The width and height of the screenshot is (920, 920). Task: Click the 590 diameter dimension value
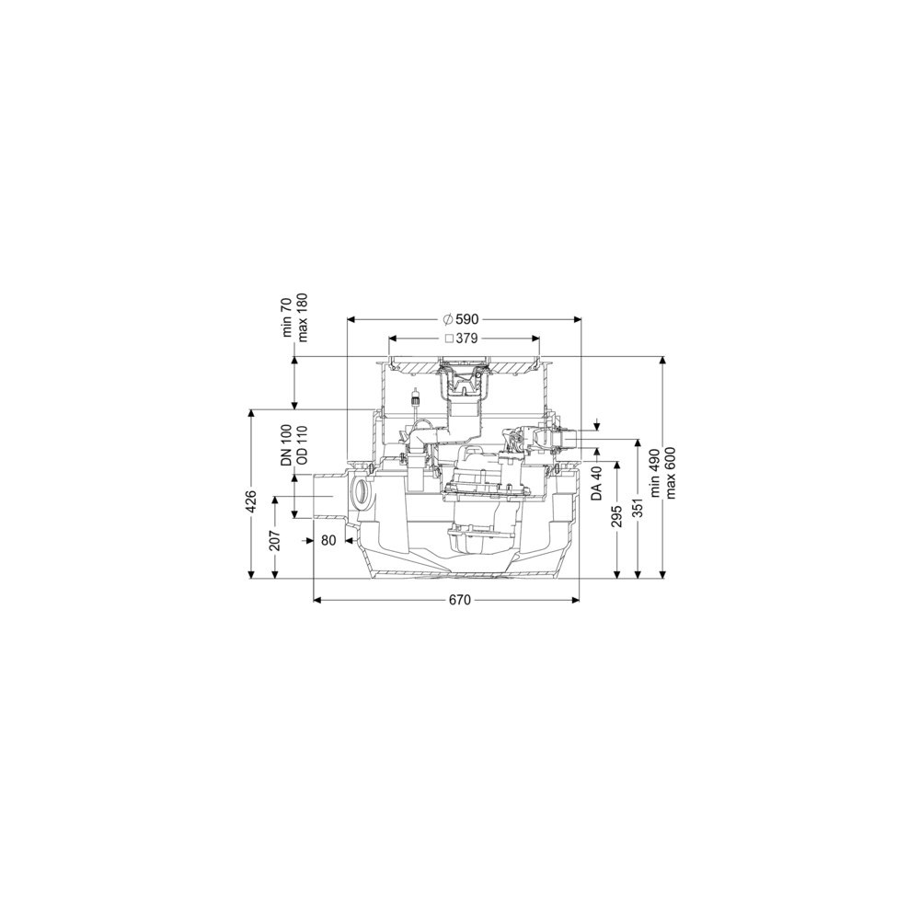pyautogui.click(x=467, y=319)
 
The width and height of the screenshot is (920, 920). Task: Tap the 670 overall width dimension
pyautogui.click(x=460, y=600)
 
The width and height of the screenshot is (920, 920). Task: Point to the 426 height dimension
pyautogui.click(x=250, y=501)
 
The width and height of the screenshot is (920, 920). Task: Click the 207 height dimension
pyautogui.click(x=274, y=540)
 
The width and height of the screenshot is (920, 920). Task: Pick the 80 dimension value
pyautogui.click(x=328, y=540)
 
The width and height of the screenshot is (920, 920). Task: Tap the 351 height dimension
pyautogui.click(x=638, y=508)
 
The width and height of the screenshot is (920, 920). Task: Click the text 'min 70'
pyautogui.click(x=287, y=317)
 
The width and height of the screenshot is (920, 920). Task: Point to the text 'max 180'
pyautogui.click(x=303, y=316)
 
